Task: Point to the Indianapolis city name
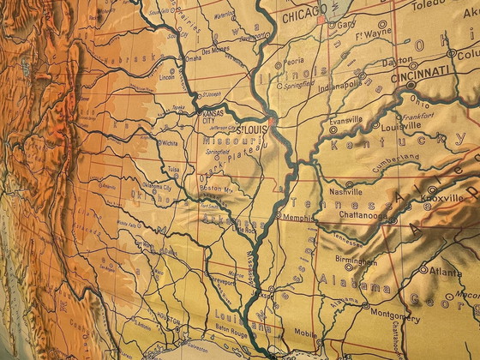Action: point(341,85)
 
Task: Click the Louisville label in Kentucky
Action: point(399,124)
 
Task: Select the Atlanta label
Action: point(446,273)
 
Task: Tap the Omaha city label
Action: point(194,58)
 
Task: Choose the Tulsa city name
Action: point(175,170)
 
